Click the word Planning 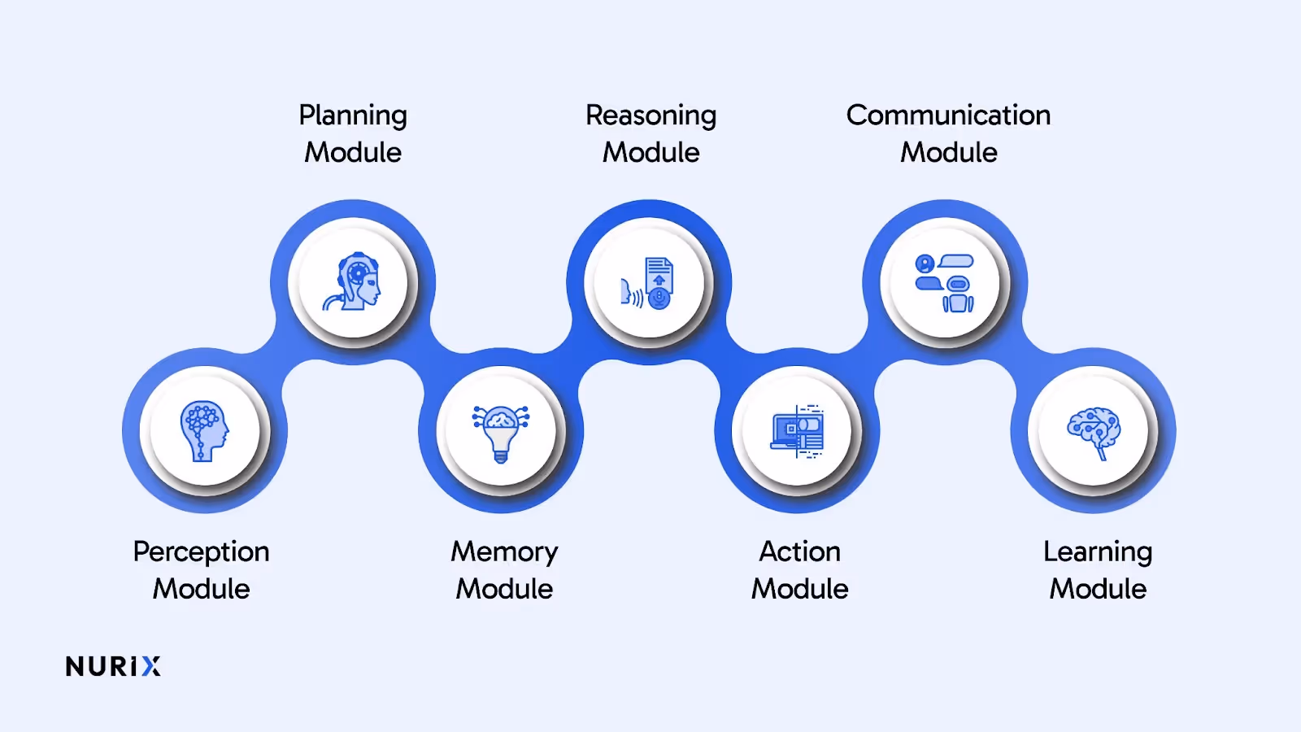tap(352, 115)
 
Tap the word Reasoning tap(650, 115)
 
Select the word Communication tap(948, 115)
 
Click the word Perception tap(201, 552)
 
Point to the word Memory tap(504, 552)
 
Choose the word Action tap(799, 551)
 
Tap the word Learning tap(1097, 552)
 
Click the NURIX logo tap(113, 667)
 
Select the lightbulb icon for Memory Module tap(501, 432)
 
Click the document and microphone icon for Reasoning tap(649, 283)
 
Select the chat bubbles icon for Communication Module tap(945, 283)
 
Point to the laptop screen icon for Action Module tap(798, 431)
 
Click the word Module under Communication tap(948, 153)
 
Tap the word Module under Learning tap(1097, 589)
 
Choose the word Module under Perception tap(201, 589)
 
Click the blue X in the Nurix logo tap(151, 667)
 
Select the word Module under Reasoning tap(650, 153)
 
